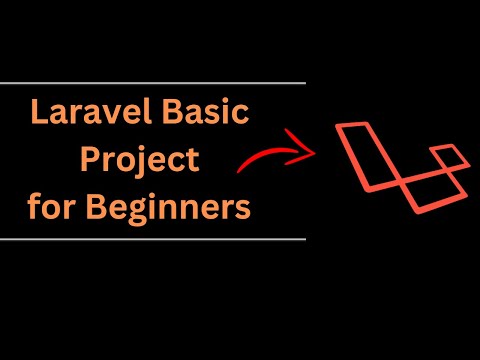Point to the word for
tap(52, 210)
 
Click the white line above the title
tap(150, 83)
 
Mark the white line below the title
tap(150, 239)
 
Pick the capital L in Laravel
tap(41, 114)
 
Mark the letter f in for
tap(34, 210)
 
